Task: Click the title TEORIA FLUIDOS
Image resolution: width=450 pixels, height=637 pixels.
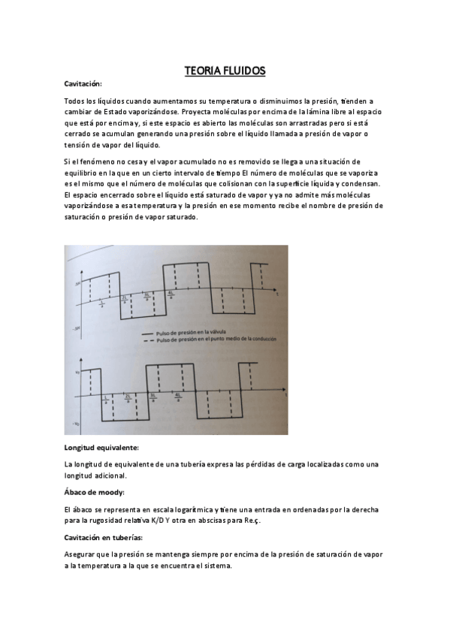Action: coord(225,71)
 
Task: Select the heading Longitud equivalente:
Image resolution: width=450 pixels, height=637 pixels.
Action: coord(101,448)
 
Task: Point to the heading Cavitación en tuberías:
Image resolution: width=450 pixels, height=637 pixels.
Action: coord(104,538)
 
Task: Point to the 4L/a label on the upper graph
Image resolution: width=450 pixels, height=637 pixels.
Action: coord(173,295)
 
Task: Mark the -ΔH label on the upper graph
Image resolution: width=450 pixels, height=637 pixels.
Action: coord(76,328)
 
